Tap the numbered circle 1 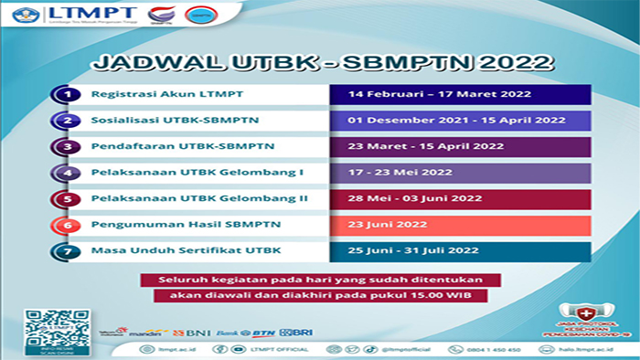pos(65,94)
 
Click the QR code pos(48,324)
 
